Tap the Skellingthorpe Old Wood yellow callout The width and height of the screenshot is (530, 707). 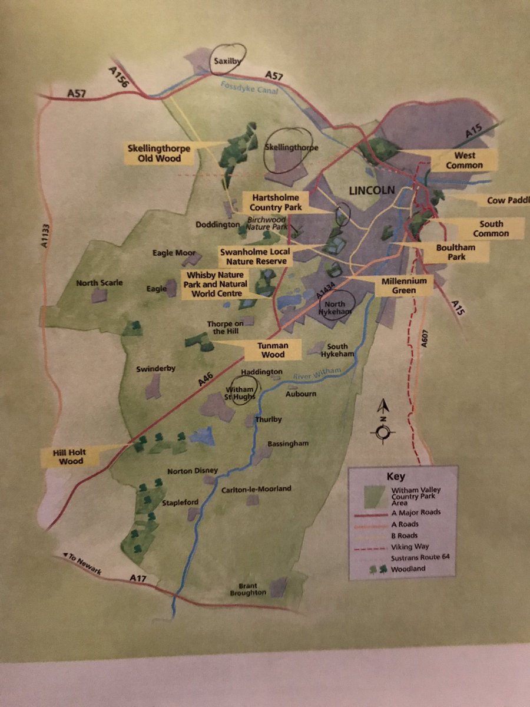click(159, 153)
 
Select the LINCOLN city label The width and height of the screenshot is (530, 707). click(371, 191)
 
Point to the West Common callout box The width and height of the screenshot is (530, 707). click(465, 160)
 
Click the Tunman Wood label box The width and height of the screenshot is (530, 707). click(271, 350)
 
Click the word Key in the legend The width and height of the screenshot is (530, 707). click(395, 476)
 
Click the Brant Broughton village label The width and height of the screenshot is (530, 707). click(252, 589)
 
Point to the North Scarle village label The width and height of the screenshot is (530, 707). click(100, 283)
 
